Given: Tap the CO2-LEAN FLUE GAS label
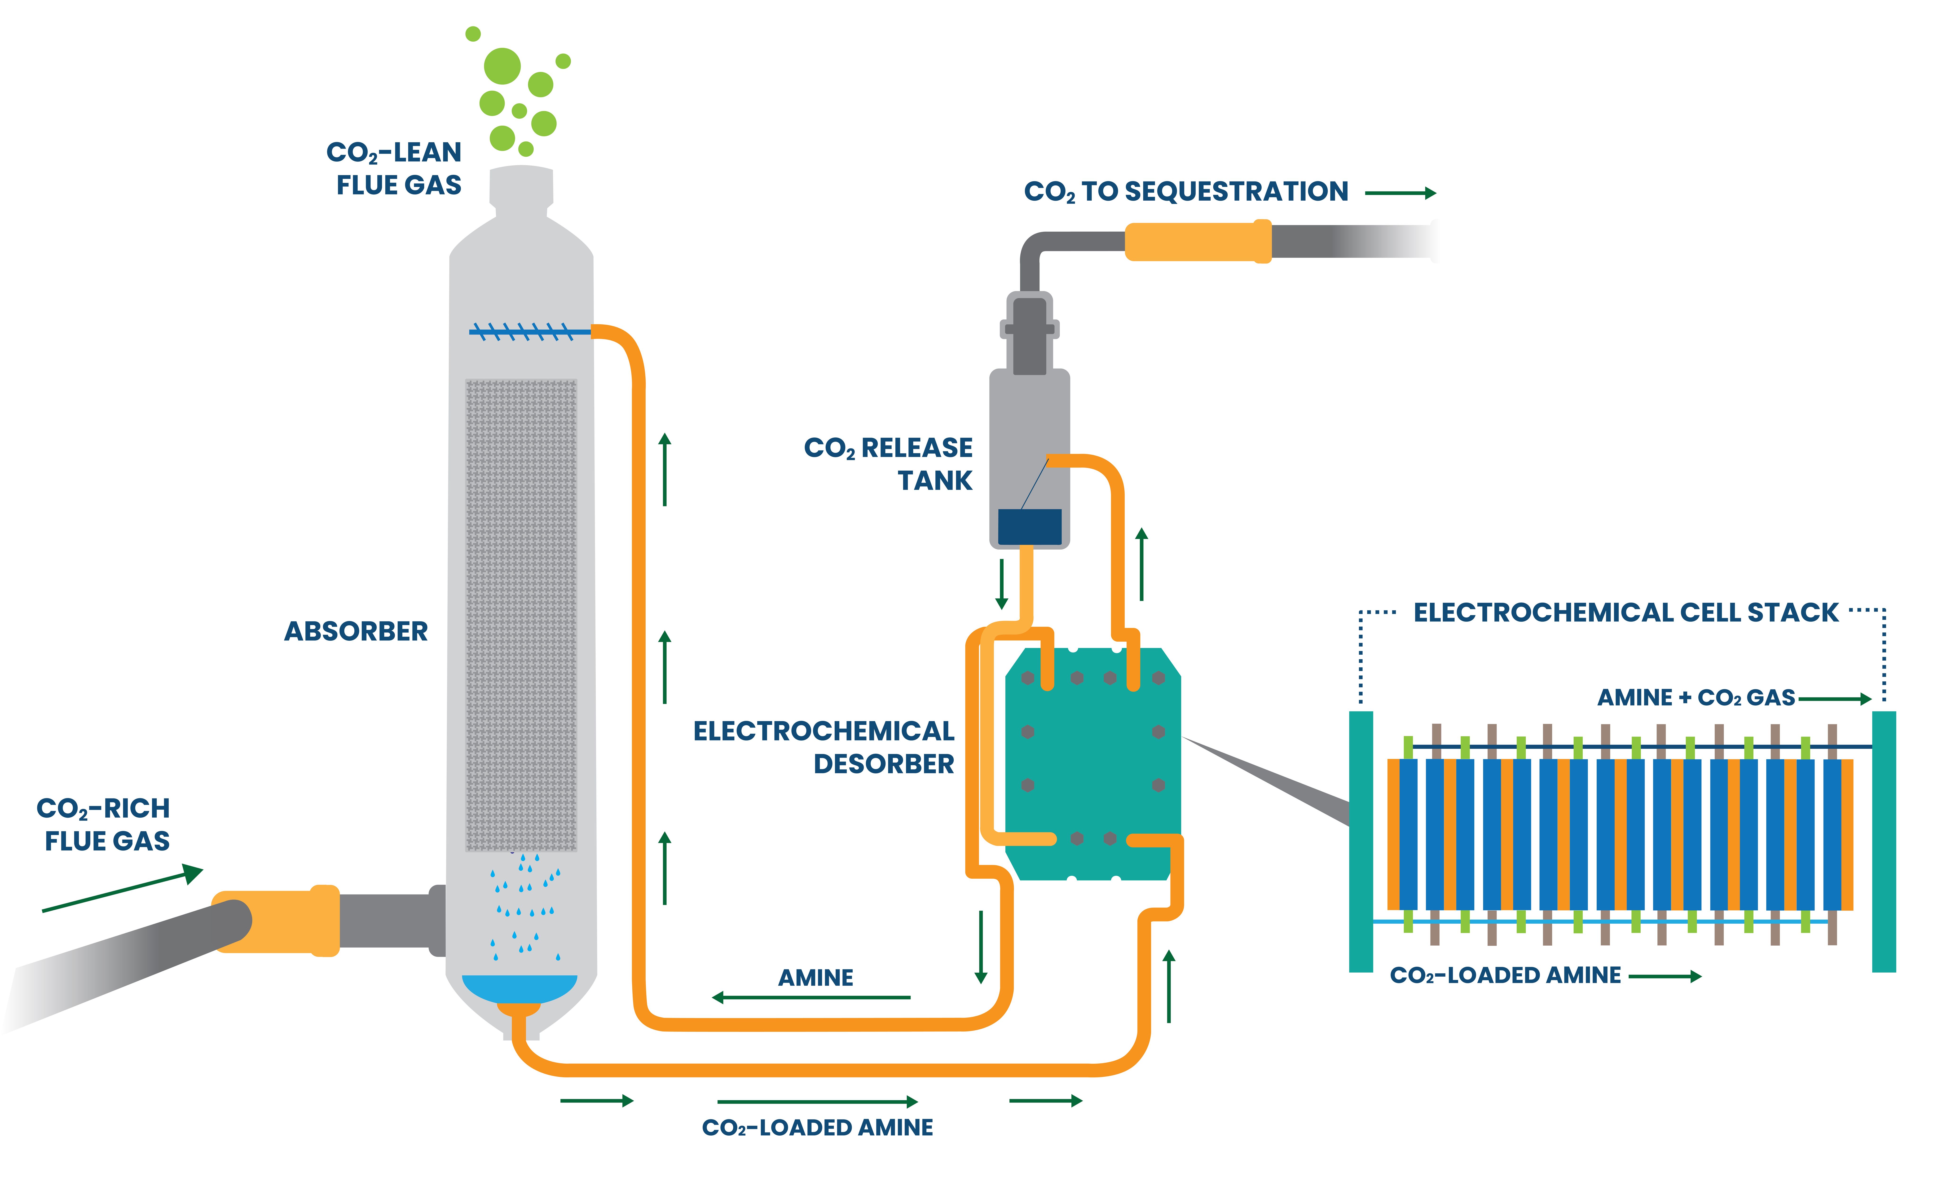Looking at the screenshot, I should click(395, 168).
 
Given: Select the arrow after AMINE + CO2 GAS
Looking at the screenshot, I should click(1834, 699).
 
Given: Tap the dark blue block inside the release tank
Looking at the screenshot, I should click(1029, 527).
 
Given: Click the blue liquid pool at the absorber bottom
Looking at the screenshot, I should click(519, 987).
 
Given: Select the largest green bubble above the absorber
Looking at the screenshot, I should click(502, 66).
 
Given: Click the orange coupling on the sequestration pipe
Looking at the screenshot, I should click(1197, 241).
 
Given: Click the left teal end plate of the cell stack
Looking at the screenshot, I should click(1361, 841).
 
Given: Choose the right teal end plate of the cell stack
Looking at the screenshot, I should click(1883, 841).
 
